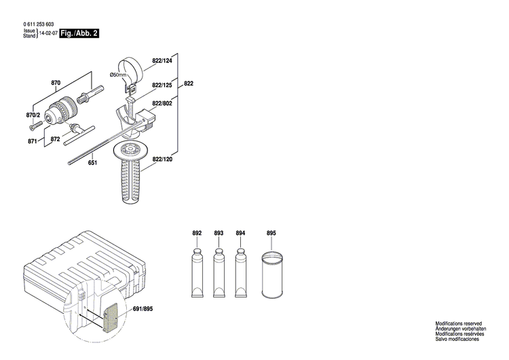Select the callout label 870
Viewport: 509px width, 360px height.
pos(56,83)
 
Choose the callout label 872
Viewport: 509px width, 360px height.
pos(56,139)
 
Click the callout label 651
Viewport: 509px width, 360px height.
pos(93,162)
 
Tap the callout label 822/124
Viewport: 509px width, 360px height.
pos(162,61)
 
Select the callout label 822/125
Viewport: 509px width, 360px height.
pos(162,85)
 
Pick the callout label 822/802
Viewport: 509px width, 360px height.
pos(162,103)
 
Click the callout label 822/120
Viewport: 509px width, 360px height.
pos(162,159)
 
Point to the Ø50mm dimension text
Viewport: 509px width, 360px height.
pos(119,74)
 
